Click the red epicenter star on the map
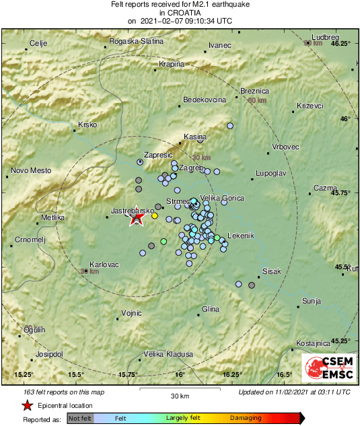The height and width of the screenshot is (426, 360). [137, 217]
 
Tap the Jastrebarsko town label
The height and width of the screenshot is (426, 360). [128, 211]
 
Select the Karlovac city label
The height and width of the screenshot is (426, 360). [104, 264]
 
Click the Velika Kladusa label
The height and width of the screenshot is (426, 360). [169, 354]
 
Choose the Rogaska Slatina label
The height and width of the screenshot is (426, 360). [137, 42]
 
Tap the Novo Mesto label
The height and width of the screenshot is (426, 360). [32, 170]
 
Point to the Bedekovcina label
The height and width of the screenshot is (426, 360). [205, 100]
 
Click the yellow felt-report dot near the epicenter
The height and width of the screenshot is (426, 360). [155, 216]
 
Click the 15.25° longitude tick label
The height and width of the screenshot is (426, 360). [24, 374]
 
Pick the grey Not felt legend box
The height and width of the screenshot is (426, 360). [80, 419]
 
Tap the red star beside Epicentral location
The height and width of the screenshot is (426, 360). [27, 405]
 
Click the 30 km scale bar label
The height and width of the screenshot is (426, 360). [180, 394]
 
